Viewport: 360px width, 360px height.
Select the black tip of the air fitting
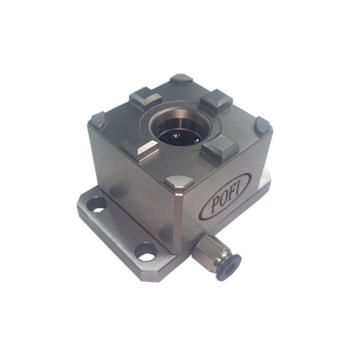coord(230,264)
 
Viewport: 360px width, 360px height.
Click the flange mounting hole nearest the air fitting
coord(147,251)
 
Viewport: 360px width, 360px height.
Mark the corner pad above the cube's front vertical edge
coord(179,181)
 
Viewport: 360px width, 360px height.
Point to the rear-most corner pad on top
coord(181,78)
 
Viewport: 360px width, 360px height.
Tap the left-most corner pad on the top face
coord(98,119)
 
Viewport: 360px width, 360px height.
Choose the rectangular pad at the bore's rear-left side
coord(146,98)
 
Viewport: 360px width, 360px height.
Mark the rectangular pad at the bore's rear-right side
coord(216,101)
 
